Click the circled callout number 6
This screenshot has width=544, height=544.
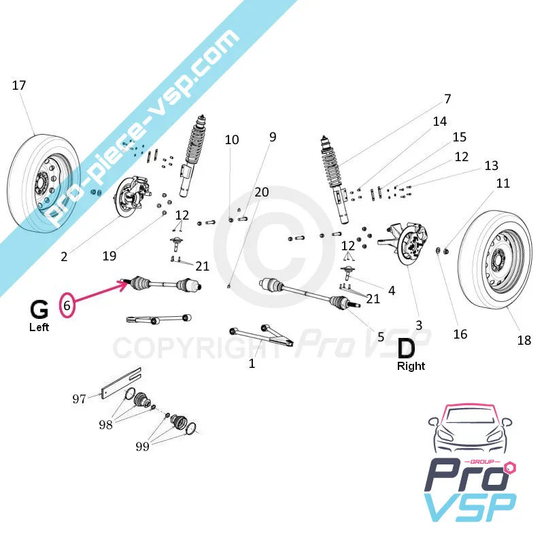click(67, 306)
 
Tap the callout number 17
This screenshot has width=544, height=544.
click(19, 86)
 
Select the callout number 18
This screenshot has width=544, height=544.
click(524, 340)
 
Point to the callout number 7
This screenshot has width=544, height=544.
click(447, 99)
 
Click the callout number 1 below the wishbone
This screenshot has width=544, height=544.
click(252, 364)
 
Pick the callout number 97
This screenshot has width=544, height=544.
click(80, 398)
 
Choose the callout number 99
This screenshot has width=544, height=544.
click(142, 447)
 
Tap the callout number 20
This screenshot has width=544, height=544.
click(262, 192)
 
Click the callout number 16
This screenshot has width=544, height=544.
click(460, 334)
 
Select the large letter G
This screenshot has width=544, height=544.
click(39, 309)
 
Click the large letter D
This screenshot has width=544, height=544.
click(405, 348)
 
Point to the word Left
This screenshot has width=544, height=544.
click(39, 327)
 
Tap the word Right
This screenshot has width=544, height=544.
click(411, 366)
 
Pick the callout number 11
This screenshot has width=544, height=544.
click(503, 184)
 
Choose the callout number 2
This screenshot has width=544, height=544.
click(63, 256)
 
